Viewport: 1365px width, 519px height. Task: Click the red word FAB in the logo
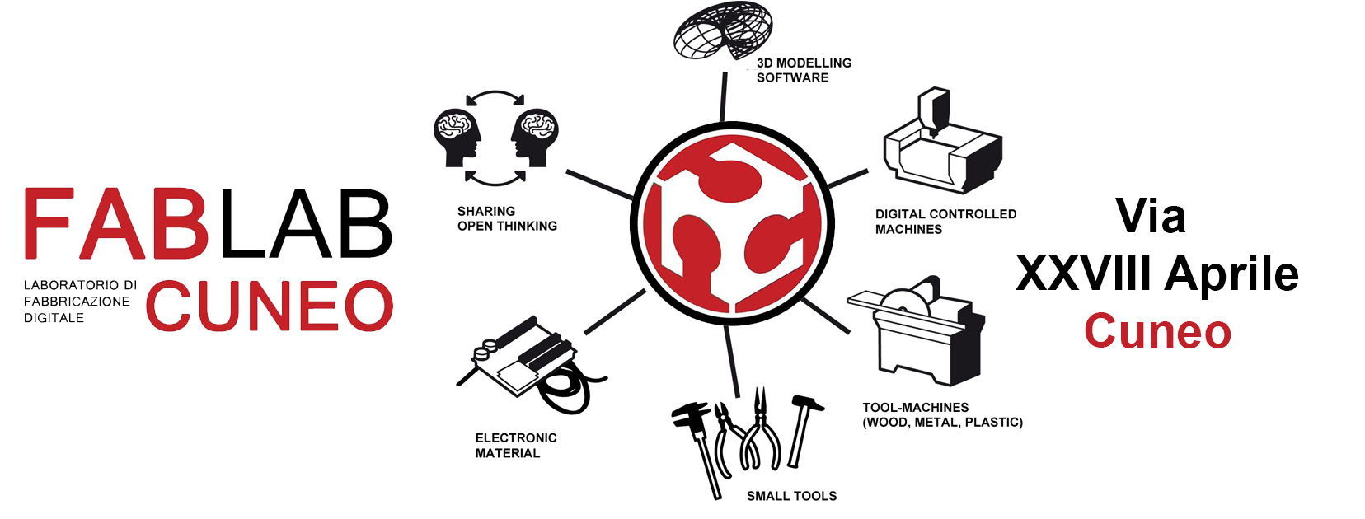[x=115, y=225]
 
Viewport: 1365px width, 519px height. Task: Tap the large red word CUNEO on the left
[x=270, y=306]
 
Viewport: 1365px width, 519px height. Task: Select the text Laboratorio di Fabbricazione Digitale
[x=79, y=302]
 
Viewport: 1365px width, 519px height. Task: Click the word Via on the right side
[x=1151, y=217]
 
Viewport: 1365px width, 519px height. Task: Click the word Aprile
[x=1232, y=274]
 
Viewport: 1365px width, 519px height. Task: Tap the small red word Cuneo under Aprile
[x=1157, y=331]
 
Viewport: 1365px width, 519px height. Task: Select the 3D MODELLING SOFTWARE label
[x=803, y=70]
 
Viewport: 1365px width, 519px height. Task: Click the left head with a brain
[x=457, y=136]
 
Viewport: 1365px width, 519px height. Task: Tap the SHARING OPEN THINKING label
[x=507, y=218]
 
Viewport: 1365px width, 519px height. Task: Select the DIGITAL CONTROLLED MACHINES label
[x=945, y=222]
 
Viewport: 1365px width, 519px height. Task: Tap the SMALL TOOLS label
[x=791, y=496]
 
